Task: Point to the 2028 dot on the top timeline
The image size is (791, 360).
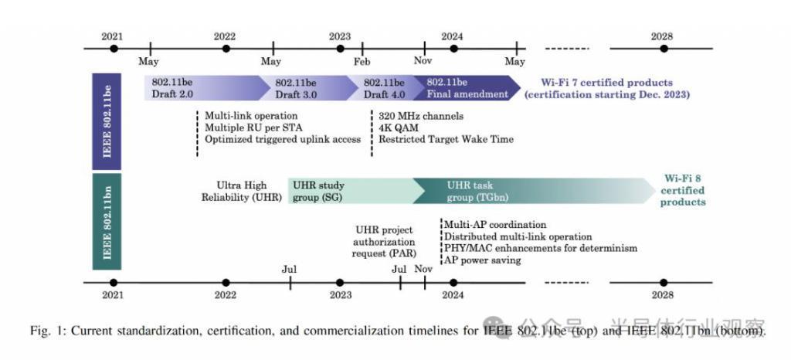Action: pyautogui.click(x=663, y=48)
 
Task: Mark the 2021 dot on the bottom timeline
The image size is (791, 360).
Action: pyautogui.click(x=114, y=283)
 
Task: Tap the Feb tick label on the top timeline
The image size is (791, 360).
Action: pyautogui.click(x=362, y=62)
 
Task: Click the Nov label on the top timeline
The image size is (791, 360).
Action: pyautogui.click(x=423, y=62)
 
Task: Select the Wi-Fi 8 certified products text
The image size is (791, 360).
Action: pyautogui.click(x=683, y=190)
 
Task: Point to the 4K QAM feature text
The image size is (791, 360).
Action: pyautogui.click(x=399, y=127)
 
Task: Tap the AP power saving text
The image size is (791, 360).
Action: pyautogui.click(x=482, y=260)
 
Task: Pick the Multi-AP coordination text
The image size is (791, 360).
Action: pyautogui.click(x=495, y=225)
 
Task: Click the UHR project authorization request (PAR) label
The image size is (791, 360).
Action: pyautogui.click(x=384, y=241)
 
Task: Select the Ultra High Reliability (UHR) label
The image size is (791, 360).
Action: pyautogui.click(x=243, y=191)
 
